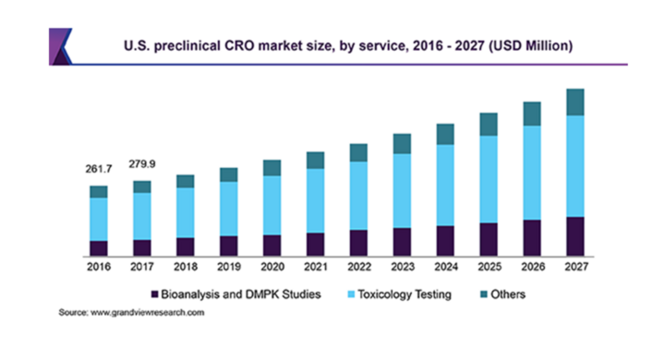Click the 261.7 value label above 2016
98,170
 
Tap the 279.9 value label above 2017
141,165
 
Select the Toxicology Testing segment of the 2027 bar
575,165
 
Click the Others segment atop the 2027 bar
575,102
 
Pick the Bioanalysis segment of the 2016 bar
98,247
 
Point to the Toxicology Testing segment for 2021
315,200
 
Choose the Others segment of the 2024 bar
445,134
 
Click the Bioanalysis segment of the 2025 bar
489,238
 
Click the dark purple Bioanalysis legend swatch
154,294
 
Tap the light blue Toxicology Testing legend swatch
350,294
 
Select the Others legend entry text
508,294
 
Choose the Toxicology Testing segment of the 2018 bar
185,212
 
